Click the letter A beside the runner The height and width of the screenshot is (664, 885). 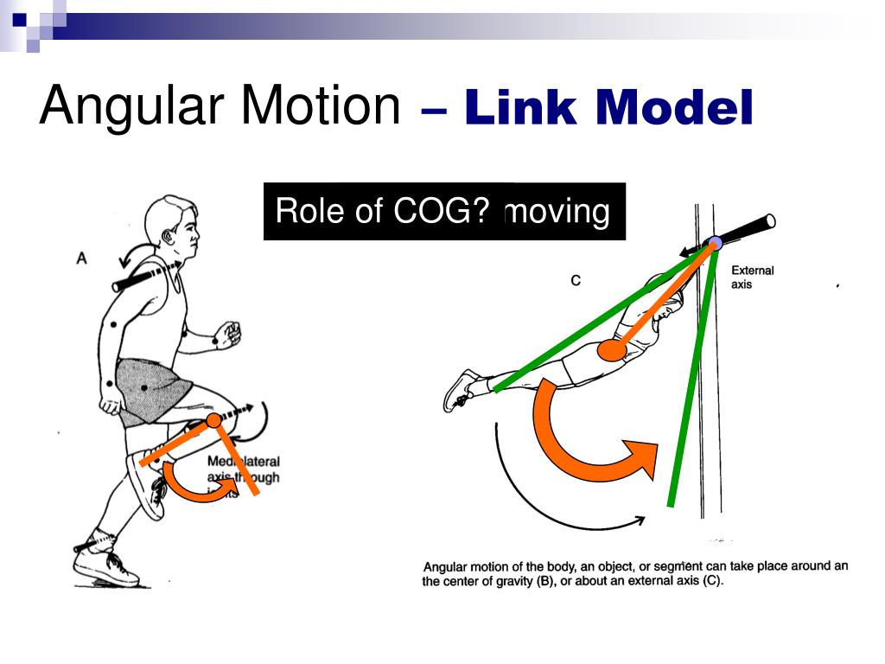coord(82,257)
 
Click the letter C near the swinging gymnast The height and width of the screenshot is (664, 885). coord(575,280)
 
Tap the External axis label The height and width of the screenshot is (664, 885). coord(752,277)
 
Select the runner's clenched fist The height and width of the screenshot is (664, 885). coord(228,334)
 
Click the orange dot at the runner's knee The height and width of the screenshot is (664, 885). coord(213,421)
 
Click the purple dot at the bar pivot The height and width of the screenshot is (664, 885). coord(716,243)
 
